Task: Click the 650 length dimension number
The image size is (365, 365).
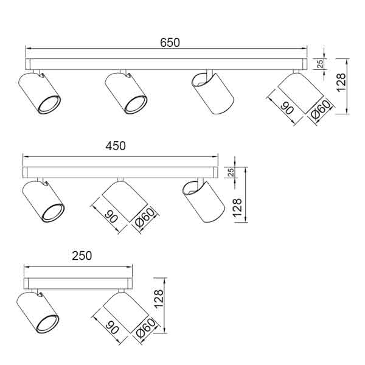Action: (x=170, y=43)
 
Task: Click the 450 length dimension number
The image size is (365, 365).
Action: (x=116, y=146)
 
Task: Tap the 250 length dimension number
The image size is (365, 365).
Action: (x=82, y=255)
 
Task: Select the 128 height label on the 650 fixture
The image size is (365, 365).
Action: (x=341, y=83)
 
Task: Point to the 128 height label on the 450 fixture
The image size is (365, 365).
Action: (x=238, y=208)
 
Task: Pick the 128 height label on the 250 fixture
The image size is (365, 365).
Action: (x=159, y=299)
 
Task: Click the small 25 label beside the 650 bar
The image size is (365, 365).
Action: (x=321, y=64)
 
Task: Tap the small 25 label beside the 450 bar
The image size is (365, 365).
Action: (x=231, y=173)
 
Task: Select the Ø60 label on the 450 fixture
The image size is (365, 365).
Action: (x=145, y=217)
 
